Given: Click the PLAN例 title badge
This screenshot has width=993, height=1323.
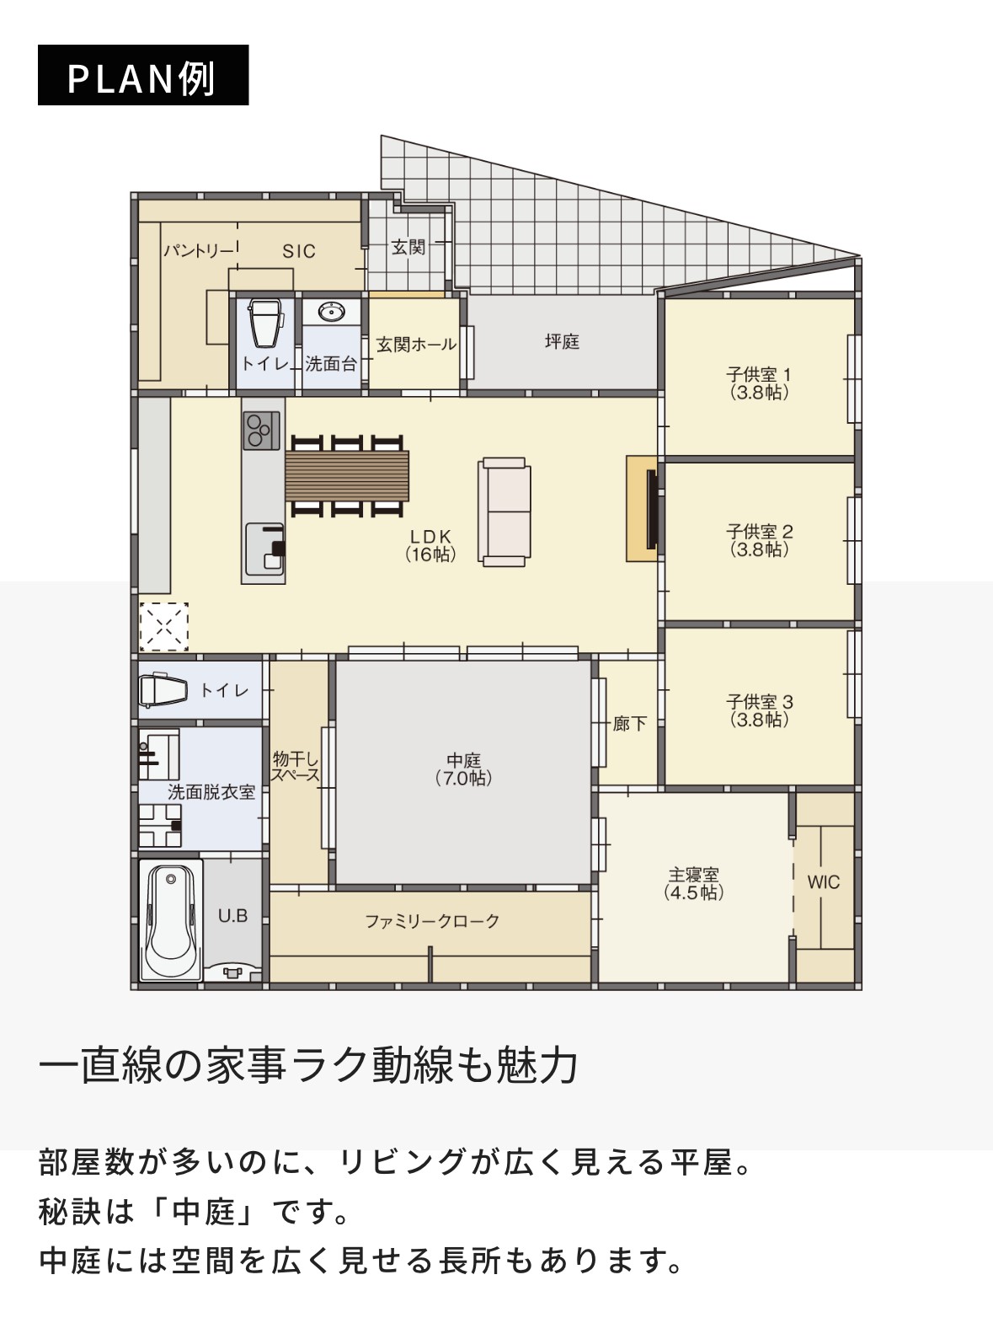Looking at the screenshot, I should (142, 75).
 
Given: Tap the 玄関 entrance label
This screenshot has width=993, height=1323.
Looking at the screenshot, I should (408, 247).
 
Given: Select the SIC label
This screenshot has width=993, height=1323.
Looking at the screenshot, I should (298, 251).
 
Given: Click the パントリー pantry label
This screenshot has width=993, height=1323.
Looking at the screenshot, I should (198, 251).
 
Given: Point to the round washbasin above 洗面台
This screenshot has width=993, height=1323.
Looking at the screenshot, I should (330, 313).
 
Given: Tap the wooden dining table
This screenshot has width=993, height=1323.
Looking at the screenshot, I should (346, 475).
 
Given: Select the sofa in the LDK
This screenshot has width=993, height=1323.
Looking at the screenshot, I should (505, 511).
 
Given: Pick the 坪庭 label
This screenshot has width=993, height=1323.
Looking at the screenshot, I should (562, 342).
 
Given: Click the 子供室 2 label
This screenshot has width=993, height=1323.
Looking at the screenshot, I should (759, 540).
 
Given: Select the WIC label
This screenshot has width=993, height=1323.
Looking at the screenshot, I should (823, 882).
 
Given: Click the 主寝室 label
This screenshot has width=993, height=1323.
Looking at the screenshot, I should (693, 883).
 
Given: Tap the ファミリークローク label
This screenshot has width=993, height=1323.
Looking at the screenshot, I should (432, 921).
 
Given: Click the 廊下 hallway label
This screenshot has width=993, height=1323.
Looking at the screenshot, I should (630, 724).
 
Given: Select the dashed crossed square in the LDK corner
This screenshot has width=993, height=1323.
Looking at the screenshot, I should (163, 627).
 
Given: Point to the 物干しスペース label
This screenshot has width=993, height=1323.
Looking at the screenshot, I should (296, 767).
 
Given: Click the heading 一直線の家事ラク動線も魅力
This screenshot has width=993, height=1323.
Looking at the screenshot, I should (308, 1065).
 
